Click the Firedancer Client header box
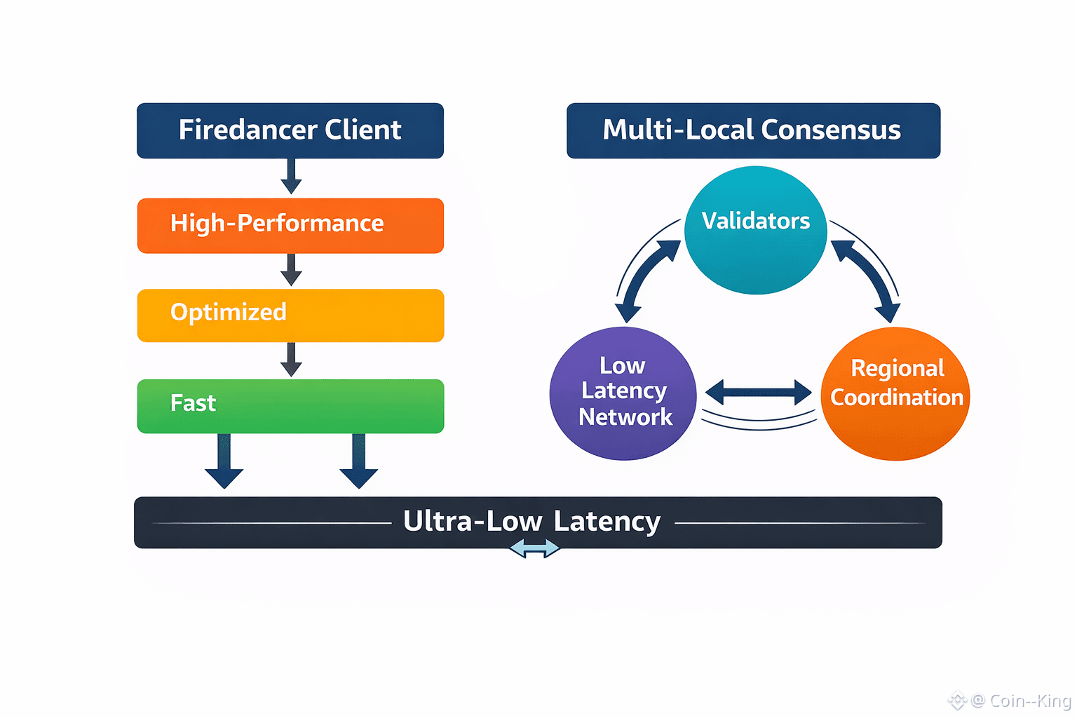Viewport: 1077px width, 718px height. click(x=290, y=130)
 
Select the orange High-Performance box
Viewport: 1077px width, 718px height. click(x=290, y=225)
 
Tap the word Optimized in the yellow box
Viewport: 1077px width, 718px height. click(x=229, y=312)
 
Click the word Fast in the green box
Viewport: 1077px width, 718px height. click(x=193, y=403)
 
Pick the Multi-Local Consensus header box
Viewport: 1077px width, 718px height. click(x=753, y=130)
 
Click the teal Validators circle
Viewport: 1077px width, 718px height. click(x=756, y=230)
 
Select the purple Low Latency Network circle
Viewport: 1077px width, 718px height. click(x=623, y=393)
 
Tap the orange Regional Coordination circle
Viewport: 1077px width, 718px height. click(x=895, y=393)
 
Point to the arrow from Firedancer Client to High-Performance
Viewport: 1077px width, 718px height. click(x=291, y=176)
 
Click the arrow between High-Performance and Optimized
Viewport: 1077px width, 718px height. click(x=291, y=269)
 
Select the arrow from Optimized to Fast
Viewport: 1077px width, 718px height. click(x=291, y=360)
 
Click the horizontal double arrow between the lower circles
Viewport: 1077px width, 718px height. click(x=759, y=393)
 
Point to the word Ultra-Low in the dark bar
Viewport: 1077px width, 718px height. click(x=473, y=522)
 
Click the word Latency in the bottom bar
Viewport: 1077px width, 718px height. click(x=607, y=522)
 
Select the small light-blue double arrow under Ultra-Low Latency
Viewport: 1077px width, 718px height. click(x=534, y=548)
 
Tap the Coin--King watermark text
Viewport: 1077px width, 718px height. click(x=1029, y=700)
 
